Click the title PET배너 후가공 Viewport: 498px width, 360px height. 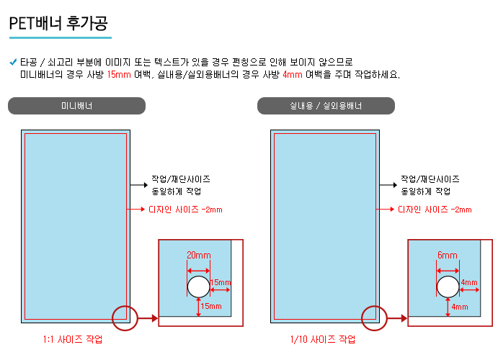(58, 23)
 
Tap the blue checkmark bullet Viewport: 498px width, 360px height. (13, 62)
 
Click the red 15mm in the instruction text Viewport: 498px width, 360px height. (119, 75)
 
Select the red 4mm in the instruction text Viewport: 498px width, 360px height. (292, 75)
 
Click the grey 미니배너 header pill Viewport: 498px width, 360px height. (76, 106)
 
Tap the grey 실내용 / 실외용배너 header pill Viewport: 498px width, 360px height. (326, 106)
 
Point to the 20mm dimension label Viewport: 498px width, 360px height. (199, 255)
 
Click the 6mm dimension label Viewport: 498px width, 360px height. (447, 255)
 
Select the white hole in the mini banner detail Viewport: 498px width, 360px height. (198, 287)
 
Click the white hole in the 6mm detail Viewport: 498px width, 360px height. (448, 287)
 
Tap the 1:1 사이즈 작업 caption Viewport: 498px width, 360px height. (73, 339)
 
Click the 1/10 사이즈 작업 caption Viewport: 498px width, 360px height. (323, 339)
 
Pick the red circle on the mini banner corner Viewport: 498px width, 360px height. (125, 306)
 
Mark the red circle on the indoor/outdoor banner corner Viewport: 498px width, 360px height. (374, 306)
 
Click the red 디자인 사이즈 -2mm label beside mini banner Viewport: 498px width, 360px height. (185, 210)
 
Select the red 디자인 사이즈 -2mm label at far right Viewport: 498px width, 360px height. (435, 210)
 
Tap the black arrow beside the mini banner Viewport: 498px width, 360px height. (139, 185)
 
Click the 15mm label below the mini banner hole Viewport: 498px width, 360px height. (211, 306)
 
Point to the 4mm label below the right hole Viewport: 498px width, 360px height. (460, 307)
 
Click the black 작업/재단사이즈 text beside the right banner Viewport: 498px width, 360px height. (430, 179)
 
